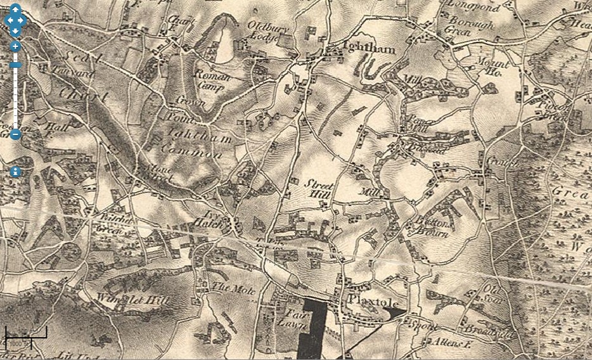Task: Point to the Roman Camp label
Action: tap(217, 80)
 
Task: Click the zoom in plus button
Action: tap(15, 46)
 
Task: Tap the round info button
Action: tap(15, 172)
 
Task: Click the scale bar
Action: tap(25, 334)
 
